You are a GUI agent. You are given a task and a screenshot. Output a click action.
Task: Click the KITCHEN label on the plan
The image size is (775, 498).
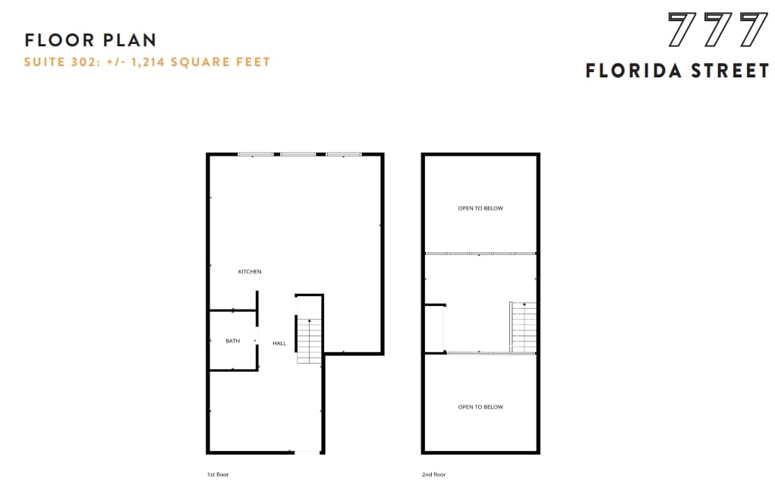[250, 272]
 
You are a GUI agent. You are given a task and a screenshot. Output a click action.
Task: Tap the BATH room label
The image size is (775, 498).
[232, 341]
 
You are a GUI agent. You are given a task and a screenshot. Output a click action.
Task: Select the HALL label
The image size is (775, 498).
[279, 344]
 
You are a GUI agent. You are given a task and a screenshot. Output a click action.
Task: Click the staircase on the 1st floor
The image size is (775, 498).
[309, 341]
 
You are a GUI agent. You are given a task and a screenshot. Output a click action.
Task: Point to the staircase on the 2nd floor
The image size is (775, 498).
[524, 327]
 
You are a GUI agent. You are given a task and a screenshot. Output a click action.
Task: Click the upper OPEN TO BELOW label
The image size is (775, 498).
[480, 208]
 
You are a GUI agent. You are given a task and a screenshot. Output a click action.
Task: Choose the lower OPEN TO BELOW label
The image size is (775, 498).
[480, 407]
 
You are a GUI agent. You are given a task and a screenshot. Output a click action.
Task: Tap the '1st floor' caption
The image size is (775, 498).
[218, 474]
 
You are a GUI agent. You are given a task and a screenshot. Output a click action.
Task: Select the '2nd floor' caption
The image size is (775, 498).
[433, 474]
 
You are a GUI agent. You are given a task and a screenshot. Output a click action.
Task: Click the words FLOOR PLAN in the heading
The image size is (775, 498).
[90, 40]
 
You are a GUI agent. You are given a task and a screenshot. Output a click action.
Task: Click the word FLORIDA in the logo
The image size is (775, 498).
[632, 71]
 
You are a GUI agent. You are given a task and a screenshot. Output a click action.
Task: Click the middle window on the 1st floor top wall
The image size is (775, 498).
[298, 155]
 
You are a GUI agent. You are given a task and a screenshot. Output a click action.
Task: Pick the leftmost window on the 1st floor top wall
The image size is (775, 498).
[255, 155]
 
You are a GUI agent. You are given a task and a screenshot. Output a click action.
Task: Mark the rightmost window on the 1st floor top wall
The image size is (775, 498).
[344, 155]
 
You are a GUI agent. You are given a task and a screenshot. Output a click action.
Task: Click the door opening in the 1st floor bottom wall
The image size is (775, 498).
[307, 452]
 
